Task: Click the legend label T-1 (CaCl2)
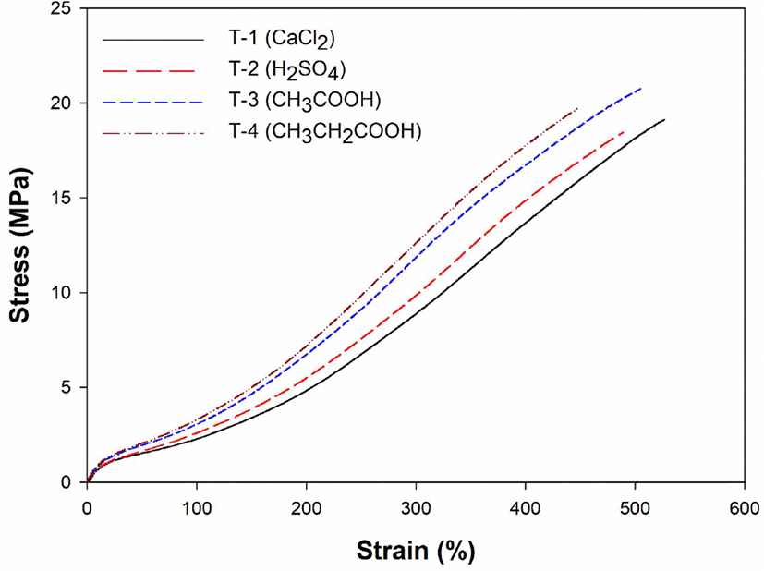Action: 282,40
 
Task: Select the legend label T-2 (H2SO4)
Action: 287,70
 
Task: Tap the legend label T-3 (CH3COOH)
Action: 305,102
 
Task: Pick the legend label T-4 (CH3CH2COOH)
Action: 325,132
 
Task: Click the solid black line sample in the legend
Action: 153,40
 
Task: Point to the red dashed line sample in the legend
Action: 149,70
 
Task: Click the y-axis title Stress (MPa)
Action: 20,245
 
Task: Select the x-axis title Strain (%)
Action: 416,551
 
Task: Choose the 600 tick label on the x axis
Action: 744,509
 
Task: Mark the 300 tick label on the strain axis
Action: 416,509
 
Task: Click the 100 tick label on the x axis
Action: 197,509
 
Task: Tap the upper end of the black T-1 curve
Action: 664,119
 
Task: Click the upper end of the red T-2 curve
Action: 624,131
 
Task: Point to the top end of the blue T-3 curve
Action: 641,88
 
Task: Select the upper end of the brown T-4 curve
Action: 578,109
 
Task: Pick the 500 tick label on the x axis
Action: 635,509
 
